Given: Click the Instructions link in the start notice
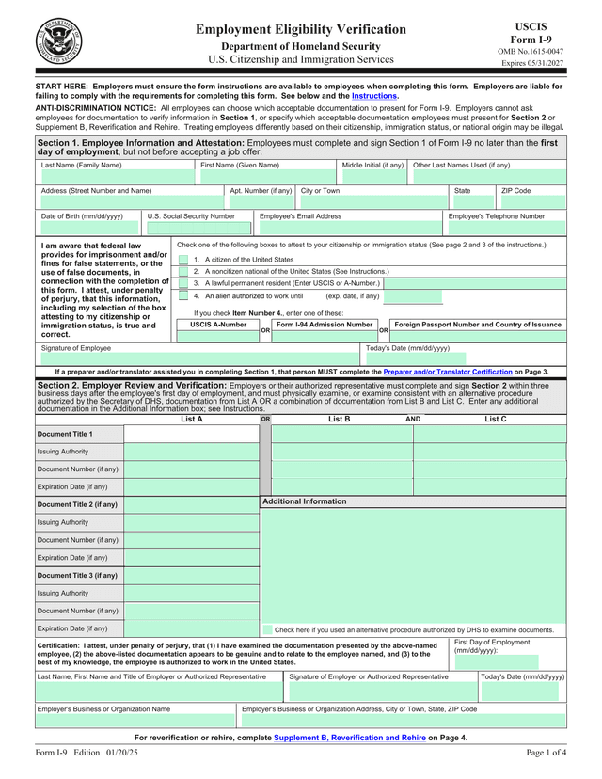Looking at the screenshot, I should click(374, 96).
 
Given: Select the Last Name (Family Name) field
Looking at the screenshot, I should click(114, 178).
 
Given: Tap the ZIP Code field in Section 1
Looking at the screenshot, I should click(531, 202).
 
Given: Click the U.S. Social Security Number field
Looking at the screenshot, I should click(198, 228).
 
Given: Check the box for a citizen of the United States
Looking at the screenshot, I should click(183, 259).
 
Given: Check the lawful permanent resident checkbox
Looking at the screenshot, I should click(183, 282).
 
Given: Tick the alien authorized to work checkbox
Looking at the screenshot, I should click(183, 295).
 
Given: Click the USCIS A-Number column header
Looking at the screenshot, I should click(218, 325).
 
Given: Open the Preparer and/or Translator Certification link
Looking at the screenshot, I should click(448, 372).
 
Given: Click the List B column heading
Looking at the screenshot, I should click(339, 419).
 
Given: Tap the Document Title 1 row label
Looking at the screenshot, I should click(65, 434).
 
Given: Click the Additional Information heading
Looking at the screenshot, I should click(304, 501).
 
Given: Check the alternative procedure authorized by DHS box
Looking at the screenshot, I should click(267, 629).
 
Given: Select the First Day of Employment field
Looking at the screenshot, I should click(509, 662).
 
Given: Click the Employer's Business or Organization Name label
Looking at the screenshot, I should click(103, 708).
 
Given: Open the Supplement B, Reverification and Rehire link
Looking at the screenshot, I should click(350, 738).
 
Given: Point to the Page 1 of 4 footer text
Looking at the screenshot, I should click(546, 754).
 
